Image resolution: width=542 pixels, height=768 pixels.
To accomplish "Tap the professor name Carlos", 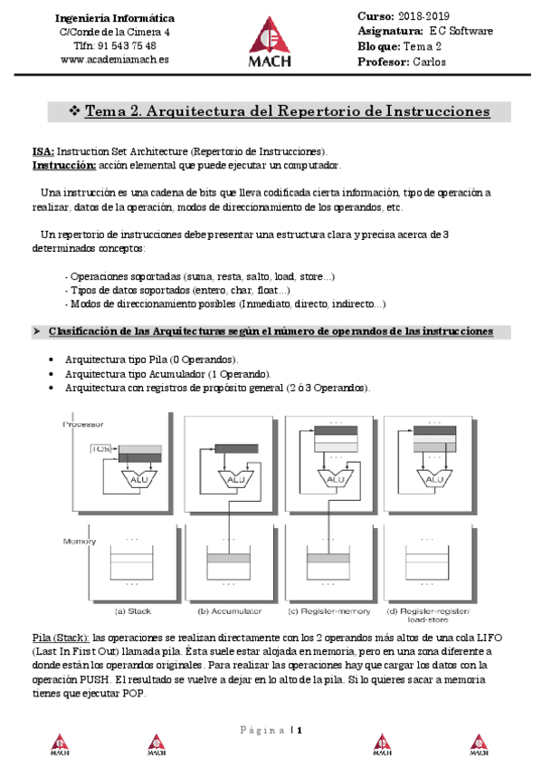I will [430, 62].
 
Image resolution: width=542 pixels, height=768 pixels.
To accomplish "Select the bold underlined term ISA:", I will [43, 152].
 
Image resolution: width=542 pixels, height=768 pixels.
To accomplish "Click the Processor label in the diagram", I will [81, 424].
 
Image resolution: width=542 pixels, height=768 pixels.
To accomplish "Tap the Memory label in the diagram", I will [80, 541].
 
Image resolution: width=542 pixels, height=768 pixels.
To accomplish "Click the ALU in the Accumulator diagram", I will [235, 479].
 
